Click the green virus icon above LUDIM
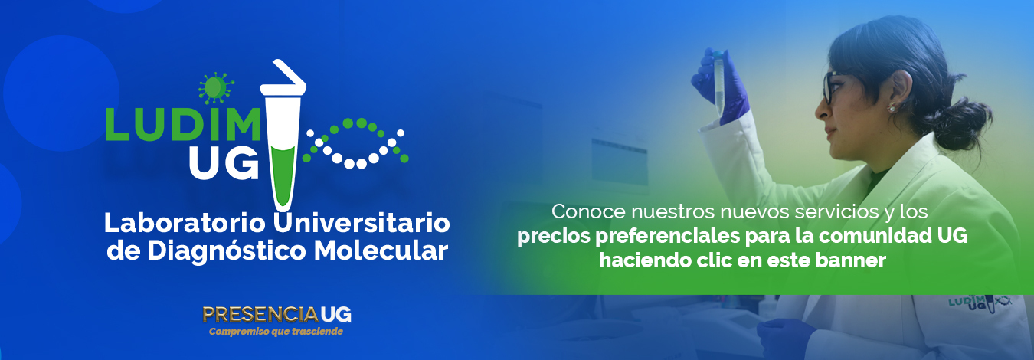point(215,87)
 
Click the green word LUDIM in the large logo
point(184,125)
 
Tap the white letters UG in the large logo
point(224,165)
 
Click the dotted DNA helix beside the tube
point(355,143)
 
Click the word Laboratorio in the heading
point(185,224)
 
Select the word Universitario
point(362,224)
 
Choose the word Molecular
point(381,250)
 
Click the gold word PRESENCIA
point(260,315)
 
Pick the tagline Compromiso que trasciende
point(276,332)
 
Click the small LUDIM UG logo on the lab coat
point(980,303)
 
